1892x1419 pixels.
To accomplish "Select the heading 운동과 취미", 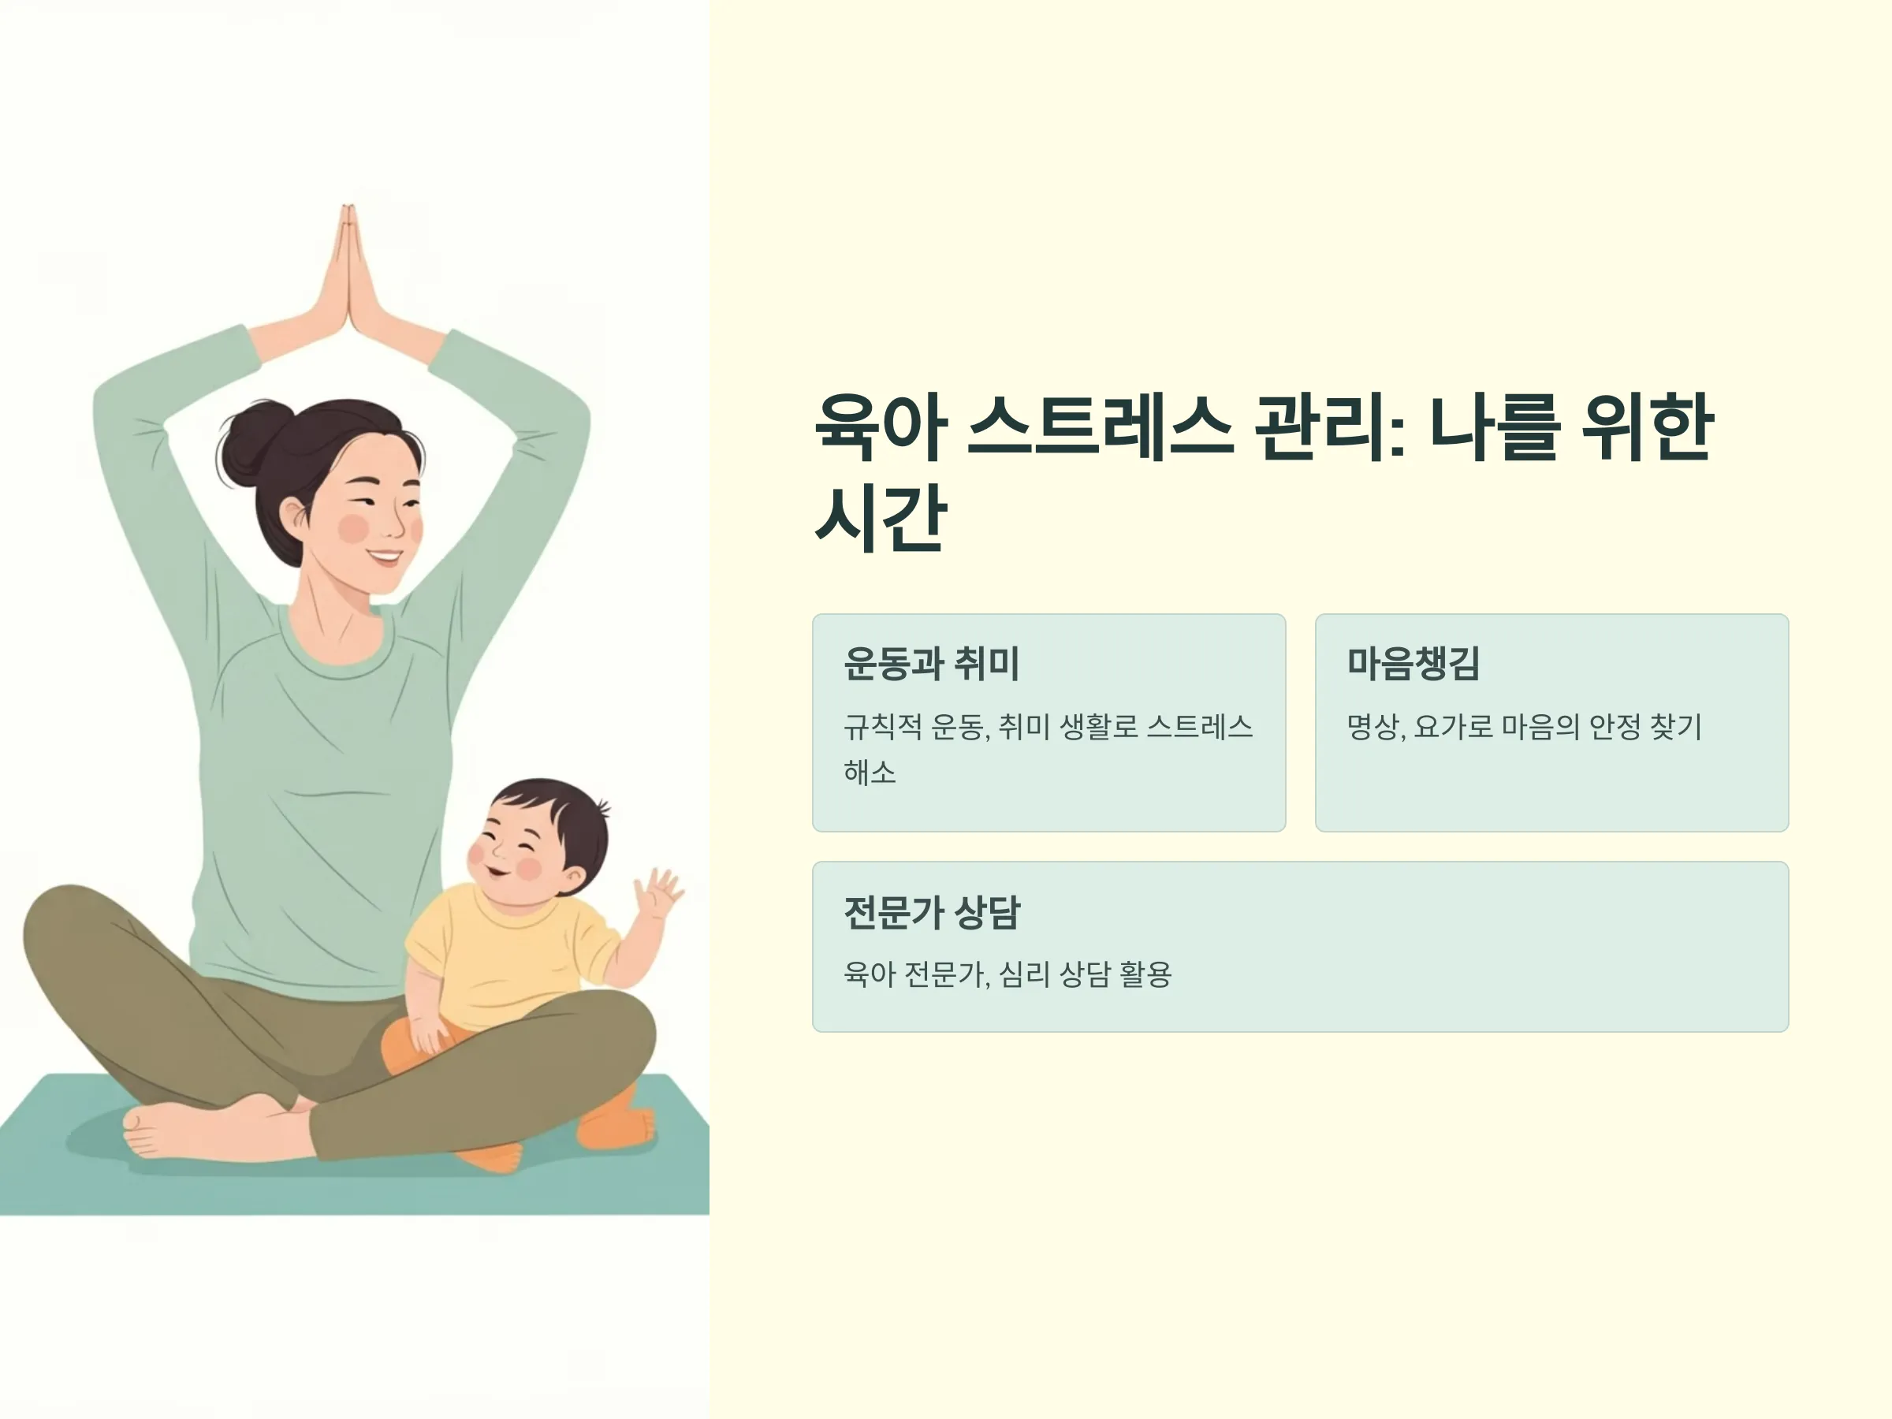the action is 932,664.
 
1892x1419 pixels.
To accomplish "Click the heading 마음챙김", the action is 1413,664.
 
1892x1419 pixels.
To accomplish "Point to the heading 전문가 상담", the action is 933,912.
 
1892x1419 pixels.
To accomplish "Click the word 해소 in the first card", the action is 870,773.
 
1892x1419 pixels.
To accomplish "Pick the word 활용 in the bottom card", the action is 1145,974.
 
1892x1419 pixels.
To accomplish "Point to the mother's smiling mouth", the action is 384,557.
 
